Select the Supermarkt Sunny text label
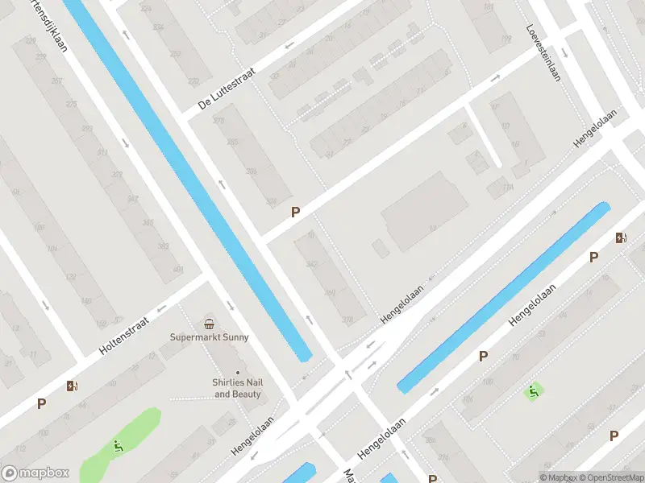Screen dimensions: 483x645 (x=210, y=337)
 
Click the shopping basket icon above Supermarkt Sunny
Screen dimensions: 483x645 (x=210, y=324)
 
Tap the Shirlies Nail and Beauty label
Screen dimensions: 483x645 (x=238, y=389)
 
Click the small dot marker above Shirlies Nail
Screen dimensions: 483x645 (x=238, y=372)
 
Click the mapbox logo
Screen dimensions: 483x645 (x=36, y=473)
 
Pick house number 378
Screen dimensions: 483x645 (x=347, y=320)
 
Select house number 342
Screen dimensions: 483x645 (x=311, y=265)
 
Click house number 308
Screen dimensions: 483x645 (x=251, y=171)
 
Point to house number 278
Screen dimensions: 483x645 (x=218, y=121)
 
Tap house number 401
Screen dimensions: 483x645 (x=178, y=270)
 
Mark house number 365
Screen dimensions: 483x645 (x=164, y=246)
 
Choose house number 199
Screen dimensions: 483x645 (x=505, y=38)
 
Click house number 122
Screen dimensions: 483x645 (x=71, y=277)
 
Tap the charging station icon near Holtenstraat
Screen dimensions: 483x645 (x=73, y=386)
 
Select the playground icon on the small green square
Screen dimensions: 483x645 (x=533, y=392)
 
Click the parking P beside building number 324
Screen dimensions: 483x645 (x=295, y=212)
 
